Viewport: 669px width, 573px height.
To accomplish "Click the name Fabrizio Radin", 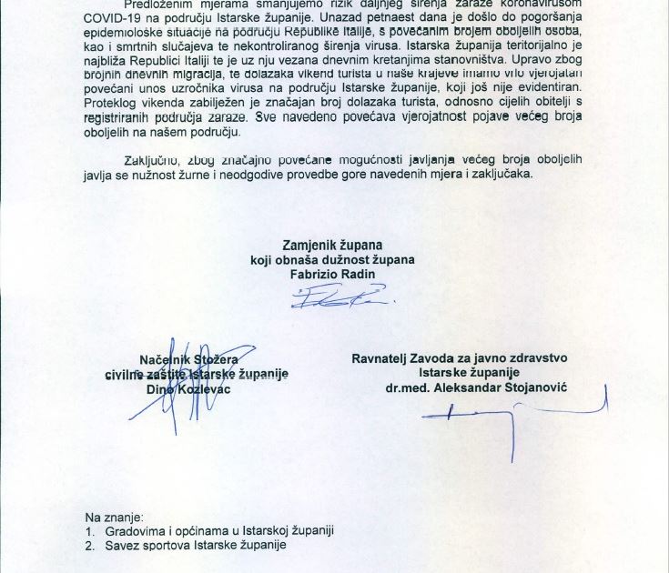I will tap(332, 274).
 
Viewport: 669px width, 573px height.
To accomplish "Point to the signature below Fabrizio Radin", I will tap(337, 297).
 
